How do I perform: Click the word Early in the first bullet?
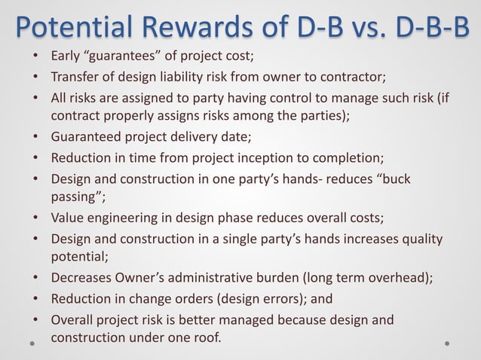tap(66, 56)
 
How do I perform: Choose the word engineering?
tap(122, 219)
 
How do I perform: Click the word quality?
tap(421, 239)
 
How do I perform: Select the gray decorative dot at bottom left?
tap(33, 342)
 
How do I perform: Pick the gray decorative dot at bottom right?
tap(447, 342)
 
